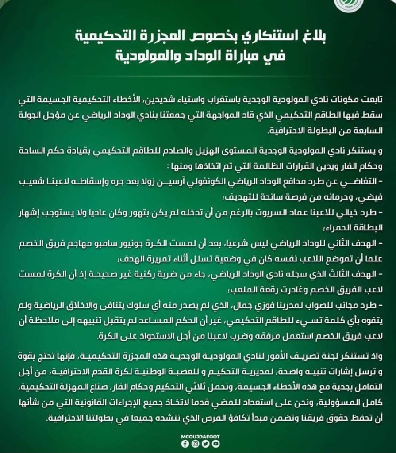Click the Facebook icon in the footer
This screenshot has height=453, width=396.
pyautogui.click(x=185, y=444)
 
